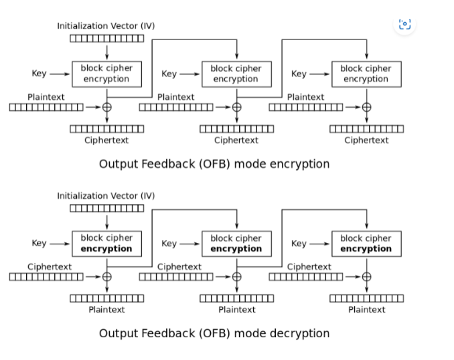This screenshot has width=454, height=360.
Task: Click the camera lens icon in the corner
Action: coord(404,25)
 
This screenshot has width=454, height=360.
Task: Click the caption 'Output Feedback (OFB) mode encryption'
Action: coord(214,164)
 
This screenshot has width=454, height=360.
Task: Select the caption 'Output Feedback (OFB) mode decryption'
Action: coord(214,333)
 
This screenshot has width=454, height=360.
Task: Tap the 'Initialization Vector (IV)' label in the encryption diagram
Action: coord(106,25)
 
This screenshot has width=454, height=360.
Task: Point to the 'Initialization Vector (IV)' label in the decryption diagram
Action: coord(106,195)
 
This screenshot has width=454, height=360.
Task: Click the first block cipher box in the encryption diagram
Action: coord(106,74)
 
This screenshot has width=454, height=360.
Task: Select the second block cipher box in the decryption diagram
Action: coord(236,244)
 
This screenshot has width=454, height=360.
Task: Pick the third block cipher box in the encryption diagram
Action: coord(366,74)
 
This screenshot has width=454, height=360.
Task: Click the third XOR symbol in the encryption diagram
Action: coord(366,107)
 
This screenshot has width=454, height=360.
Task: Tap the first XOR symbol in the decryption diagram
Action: coord(106,276)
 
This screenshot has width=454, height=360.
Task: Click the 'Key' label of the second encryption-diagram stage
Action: coord(169,74)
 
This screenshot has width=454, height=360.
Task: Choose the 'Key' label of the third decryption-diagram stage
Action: coord(299,244)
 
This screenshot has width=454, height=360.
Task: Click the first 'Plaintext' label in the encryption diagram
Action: coord(46,97)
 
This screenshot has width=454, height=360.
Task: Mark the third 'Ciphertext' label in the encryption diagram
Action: coord(366,140)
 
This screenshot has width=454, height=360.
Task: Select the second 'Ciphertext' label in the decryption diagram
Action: coord(179,266)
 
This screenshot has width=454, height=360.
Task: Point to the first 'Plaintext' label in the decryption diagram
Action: coord(106,309)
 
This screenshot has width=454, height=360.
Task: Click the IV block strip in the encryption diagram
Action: coord(106,38)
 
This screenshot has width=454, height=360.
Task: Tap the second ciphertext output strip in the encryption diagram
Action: coord(236,129)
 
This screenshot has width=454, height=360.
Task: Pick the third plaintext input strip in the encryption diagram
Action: coord(305,107)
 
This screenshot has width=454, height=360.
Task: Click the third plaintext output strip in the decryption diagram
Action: coord(366,298)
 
